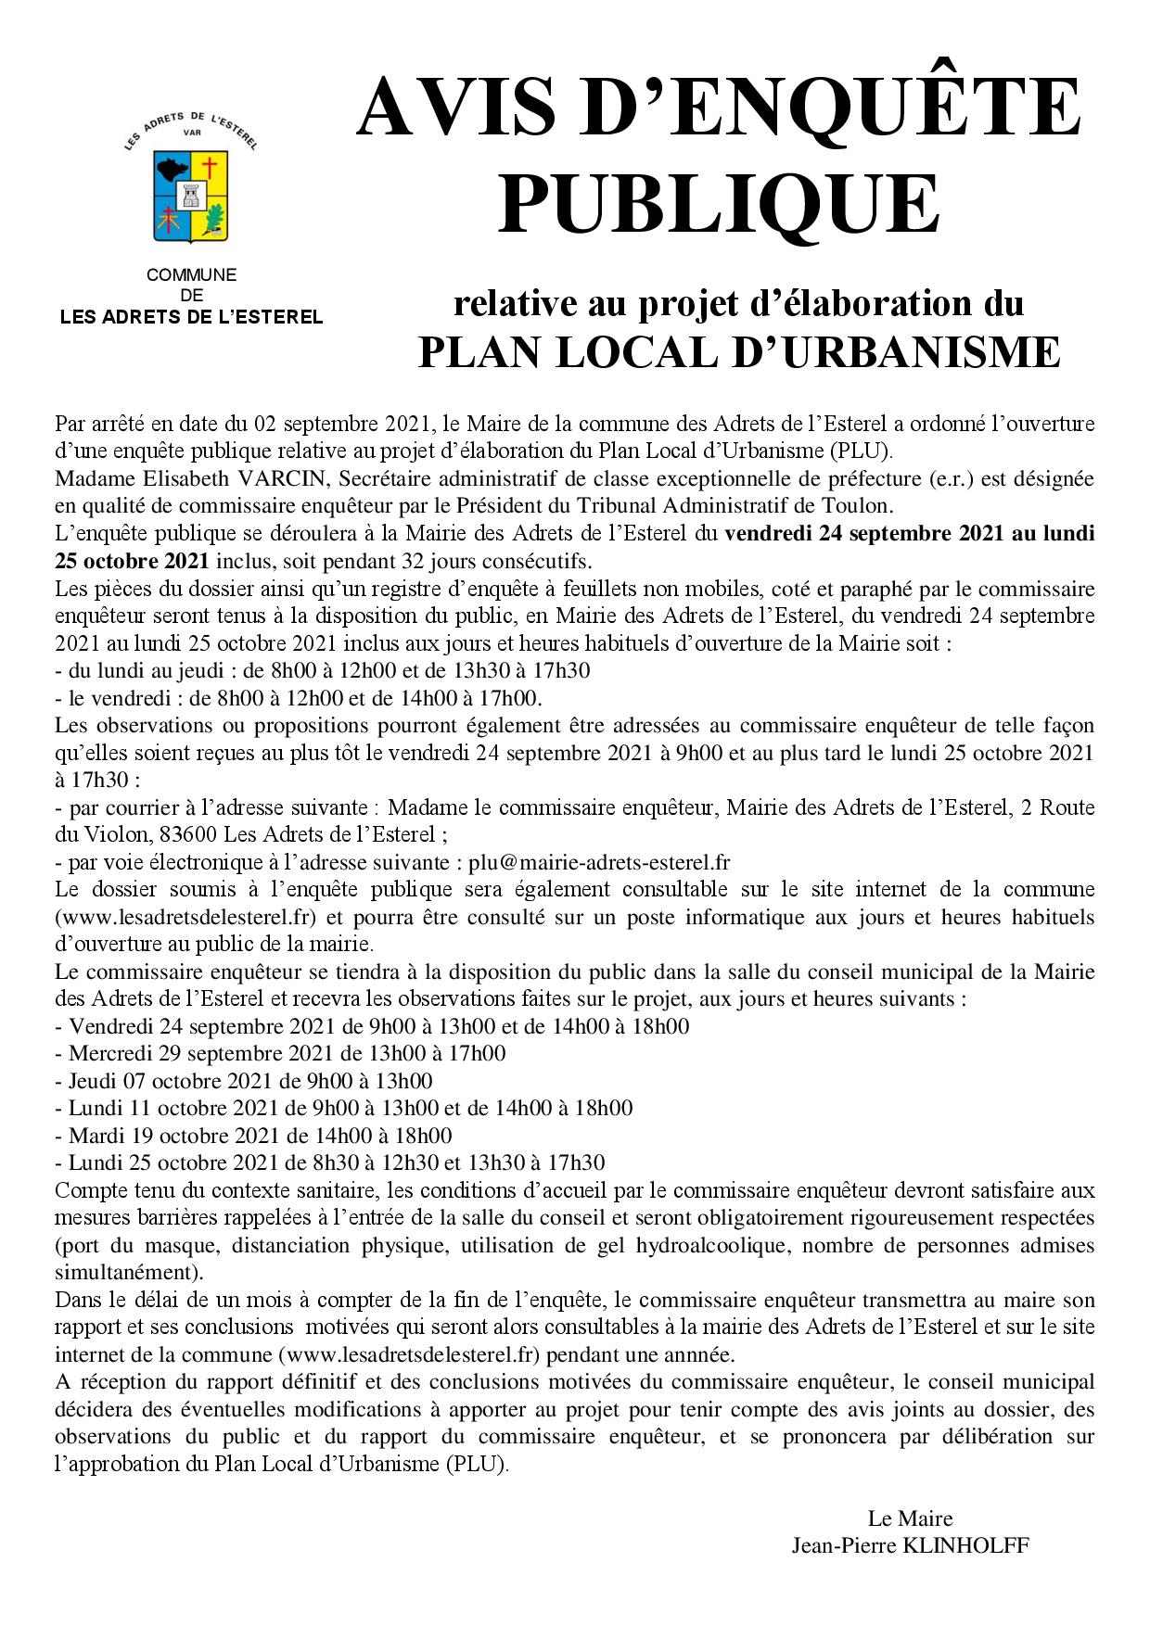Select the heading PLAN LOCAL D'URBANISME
(x=738, y=352)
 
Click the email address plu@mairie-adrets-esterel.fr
(x=599, y=861)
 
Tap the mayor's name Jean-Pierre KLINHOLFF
(x=910, y=1545)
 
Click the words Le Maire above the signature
(x=910, y=1518)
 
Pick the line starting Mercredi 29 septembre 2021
(x=281, y=1054)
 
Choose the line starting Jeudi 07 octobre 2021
(x=245, y=1081)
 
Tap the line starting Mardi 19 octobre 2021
(x=254, y=1136)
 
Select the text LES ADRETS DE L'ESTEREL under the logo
(x=191, y=317)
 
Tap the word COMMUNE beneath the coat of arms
(x=191, y=275)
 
